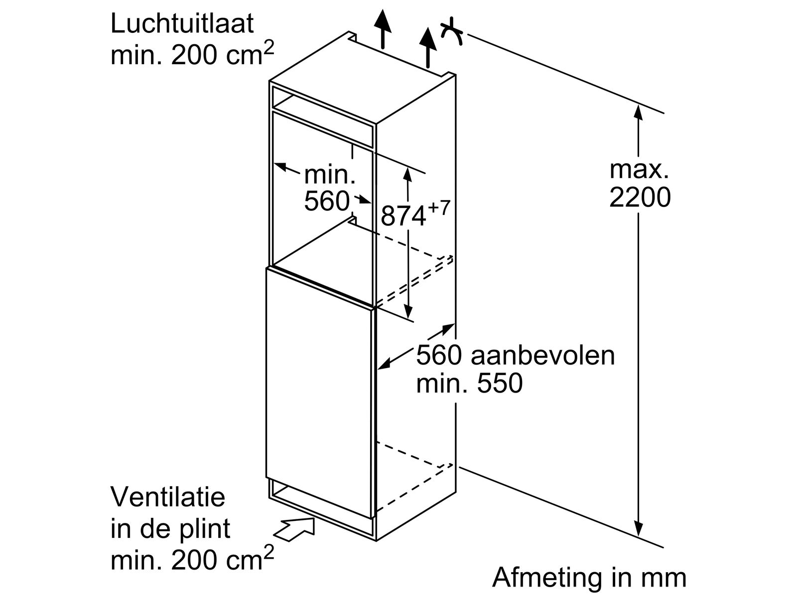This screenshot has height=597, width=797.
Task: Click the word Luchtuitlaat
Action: [x=182, y=24]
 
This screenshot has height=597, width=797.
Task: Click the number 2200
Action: [x=640, y=198]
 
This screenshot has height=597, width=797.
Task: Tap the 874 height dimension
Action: [x=403, y=216]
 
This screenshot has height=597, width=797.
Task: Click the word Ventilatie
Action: [x=168, y=497]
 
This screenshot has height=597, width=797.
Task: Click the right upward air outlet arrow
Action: [x=427, y=46]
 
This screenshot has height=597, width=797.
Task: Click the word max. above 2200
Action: [x=640, y=170]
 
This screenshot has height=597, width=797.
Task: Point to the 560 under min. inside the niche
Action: [x=327, y=201]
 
